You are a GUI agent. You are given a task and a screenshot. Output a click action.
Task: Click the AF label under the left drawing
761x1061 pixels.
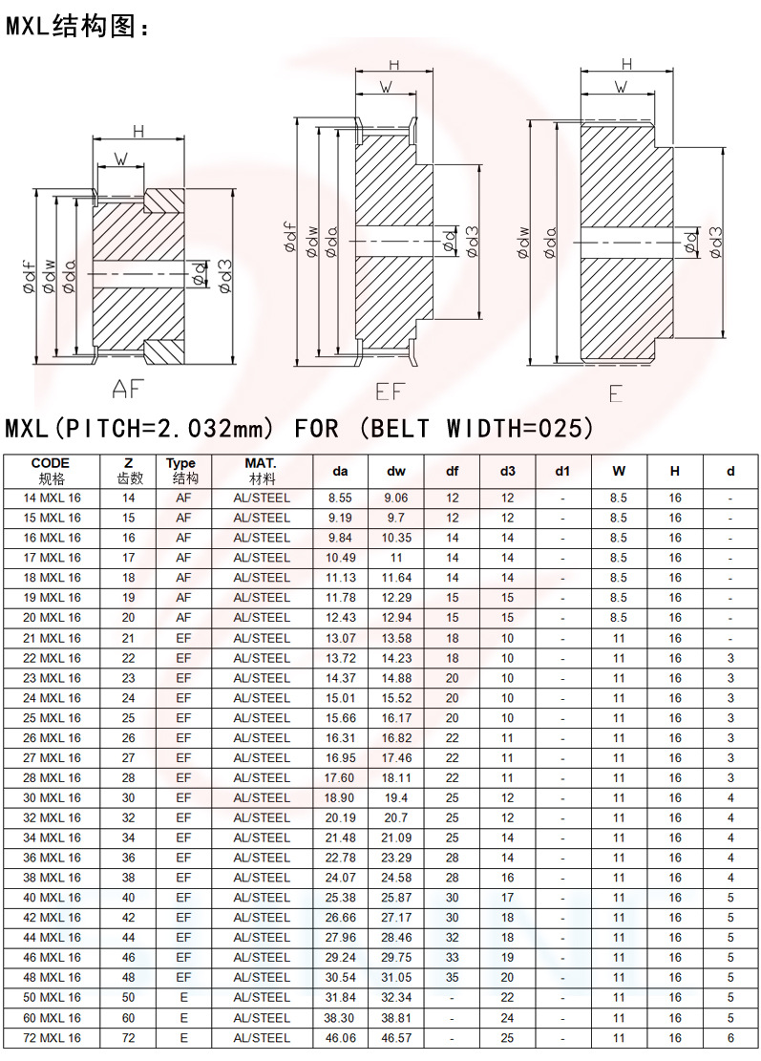click(132, 389)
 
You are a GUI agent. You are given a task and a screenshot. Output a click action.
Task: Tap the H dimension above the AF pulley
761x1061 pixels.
click(138, 132)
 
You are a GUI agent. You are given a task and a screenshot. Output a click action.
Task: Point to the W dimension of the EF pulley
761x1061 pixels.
click(386, 87)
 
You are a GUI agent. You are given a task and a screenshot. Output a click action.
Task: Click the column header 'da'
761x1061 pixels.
click(340, 470)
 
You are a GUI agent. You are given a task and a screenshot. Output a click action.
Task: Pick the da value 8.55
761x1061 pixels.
click(340, 498)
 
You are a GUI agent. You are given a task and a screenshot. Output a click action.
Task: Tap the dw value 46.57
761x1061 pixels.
click(396, 1037)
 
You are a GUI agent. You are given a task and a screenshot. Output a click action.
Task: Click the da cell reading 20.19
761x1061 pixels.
click(340, 817)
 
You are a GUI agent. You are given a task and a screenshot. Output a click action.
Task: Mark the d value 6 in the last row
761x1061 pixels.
click(730, 1037)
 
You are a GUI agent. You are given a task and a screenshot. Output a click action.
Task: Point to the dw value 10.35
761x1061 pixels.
click(396, 538)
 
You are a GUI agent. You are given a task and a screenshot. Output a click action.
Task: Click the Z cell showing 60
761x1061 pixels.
click(129, 1017)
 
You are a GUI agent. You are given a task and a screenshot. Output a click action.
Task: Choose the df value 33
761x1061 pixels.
click(453, 957)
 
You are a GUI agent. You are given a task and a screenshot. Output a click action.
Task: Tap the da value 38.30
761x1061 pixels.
click(340, 1017)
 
